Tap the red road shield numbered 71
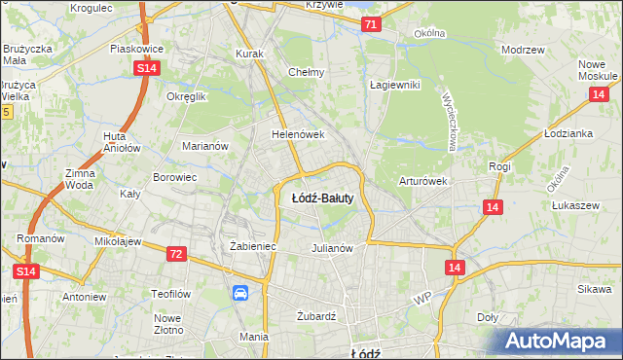click(x=371, y=24)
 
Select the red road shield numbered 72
click(x=175, y=254)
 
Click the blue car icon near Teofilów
click(x=240, y=293)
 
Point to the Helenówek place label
click(x=297, y=135)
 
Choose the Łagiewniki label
click(x=394, y=85)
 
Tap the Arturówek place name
click(x=422, y=181)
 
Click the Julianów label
click(x=331, y=248)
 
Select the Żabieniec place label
click(x=253, y=247)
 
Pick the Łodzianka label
click(x=569, y=133)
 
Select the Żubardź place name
click(x=315, y=316)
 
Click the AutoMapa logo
click(x=560, y=341)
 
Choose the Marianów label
click(x=205, y=146)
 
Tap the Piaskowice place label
click(x=134, y=47)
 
